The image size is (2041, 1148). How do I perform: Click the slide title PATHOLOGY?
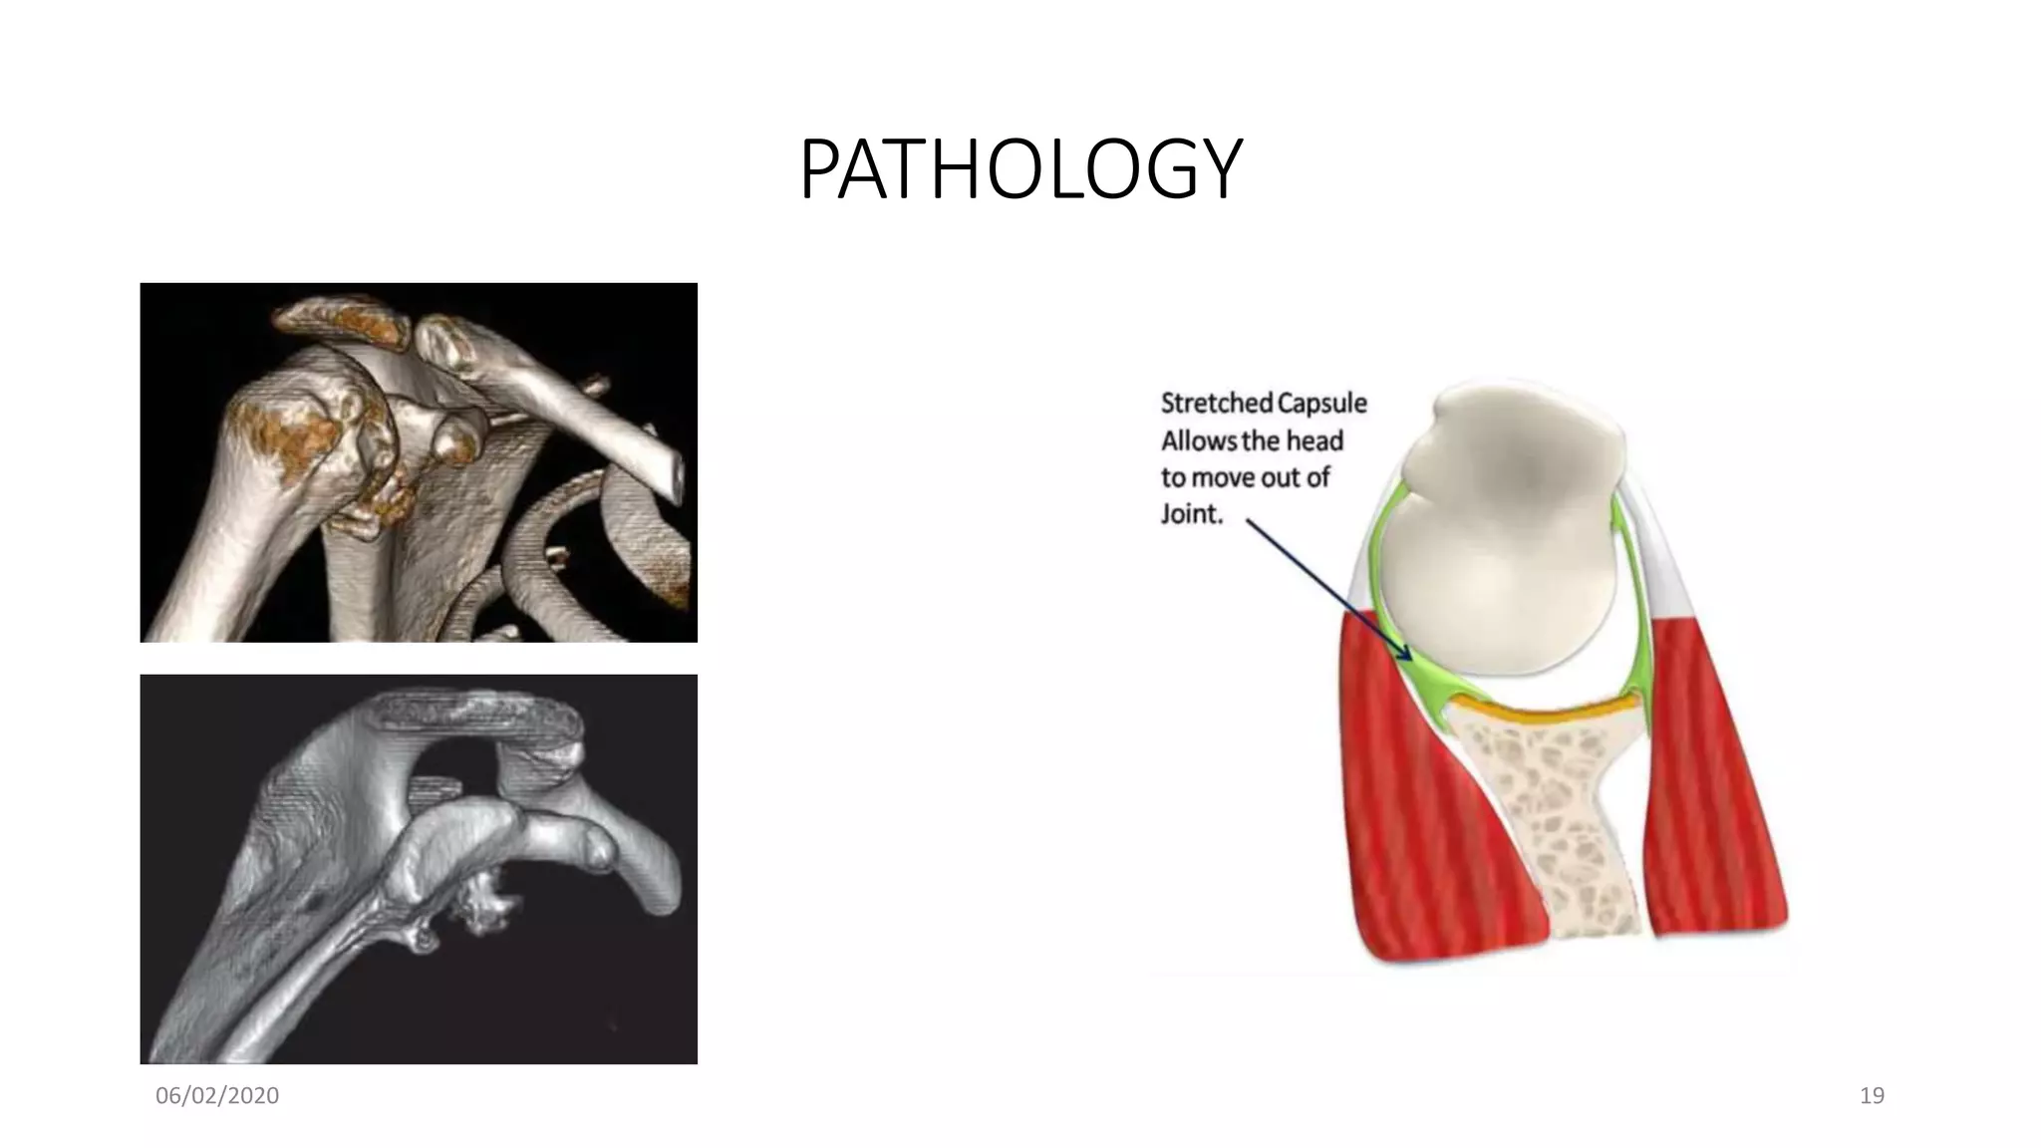point(1020,169)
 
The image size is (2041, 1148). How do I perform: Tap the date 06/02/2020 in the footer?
point(217,1096)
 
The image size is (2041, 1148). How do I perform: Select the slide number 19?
point(1872,1096)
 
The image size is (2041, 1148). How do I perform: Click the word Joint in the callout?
point(1190,514)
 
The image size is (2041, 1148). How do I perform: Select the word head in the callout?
point(1314,440)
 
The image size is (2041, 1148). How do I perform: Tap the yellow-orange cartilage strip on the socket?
point(1545,711)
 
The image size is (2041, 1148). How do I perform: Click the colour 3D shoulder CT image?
point(419,462)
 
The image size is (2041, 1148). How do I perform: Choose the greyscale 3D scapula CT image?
point(419,869)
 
